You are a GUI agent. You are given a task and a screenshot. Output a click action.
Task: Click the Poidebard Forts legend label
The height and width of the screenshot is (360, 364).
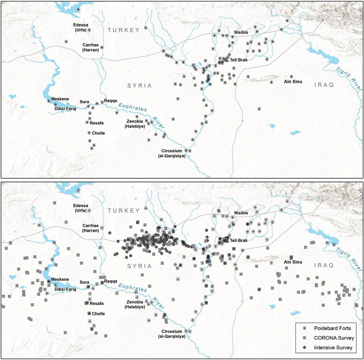pos(332,328)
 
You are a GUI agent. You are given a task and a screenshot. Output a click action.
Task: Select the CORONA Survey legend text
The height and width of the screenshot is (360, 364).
pos(334,338)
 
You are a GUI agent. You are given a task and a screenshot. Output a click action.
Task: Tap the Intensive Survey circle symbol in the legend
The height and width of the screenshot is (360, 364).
pos(305,348)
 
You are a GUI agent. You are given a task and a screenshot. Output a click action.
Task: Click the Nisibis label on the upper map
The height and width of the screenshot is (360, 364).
pos(241,32)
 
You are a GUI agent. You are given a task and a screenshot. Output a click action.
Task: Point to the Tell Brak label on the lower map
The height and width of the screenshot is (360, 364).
pos(239,240)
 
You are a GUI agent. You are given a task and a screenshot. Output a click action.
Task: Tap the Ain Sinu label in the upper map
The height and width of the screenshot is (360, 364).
pos(293,82)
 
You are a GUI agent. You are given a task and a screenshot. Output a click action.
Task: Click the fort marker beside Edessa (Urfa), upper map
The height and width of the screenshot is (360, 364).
pos(89,30)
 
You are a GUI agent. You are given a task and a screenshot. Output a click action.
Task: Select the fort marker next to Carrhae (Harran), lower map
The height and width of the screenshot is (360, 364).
pos(102,228)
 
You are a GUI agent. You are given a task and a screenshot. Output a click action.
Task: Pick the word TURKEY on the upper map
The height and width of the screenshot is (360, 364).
pos(123,30)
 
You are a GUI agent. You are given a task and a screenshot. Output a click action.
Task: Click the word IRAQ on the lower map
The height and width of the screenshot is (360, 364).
pos(324,265)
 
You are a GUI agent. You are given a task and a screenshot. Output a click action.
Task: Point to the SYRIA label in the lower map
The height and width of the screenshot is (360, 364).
pos(139,266)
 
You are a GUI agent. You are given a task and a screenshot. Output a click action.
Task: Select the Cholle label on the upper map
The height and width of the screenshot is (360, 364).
pos(98,133)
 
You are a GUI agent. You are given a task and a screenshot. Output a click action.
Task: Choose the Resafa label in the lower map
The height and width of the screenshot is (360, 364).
pos(96,304)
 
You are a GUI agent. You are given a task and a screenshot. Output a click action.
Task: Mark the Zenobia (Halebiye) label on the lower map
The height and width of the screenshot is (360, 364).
pos(135,304)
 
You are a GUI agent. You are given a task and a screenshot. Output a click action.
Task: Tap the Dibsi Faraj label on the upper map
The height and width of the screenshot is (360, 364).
pos(65,108)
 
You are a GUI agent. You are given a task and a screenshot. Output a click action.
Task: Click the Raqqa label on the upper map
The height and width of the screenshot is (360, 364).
pos(110,101)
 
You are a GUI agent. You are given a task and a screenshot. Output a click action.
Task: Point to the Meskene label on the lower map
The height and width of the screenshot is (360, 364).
pos(60,279)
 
